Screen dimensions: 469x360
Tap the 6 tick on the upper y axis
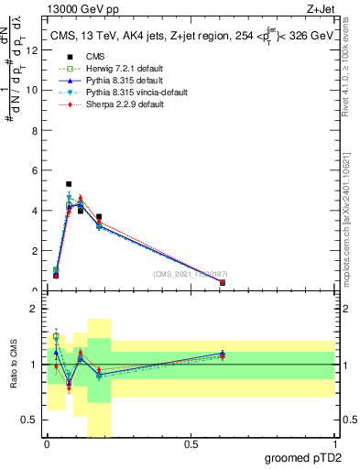tap(37, 170)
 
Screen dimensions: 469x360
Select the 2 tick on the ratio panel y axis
tap(37, 309)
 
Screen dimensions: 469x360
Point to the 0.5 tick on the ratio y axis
tap(32, 420)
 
